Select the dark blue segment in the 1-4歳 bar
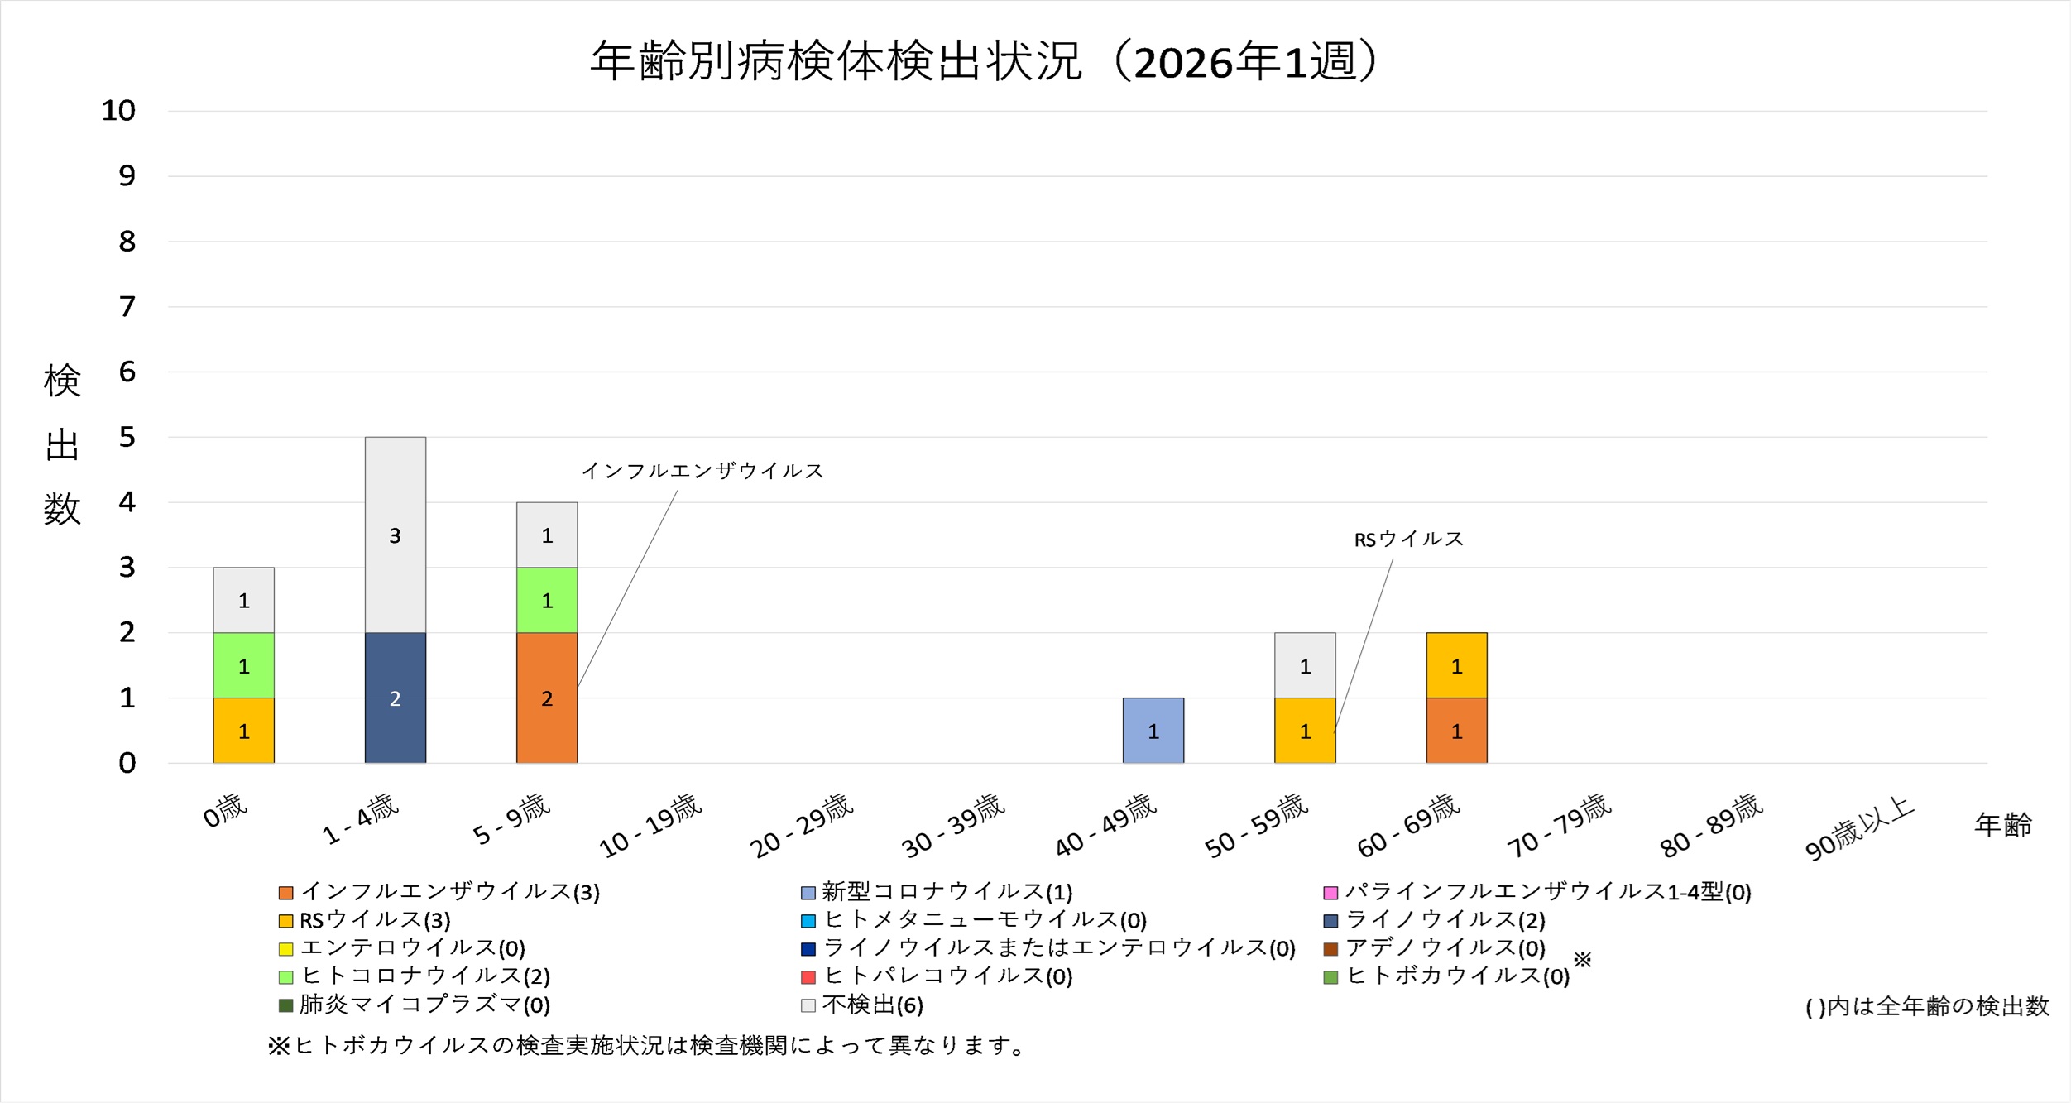point(396,698)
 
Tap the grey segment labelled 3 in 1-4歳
point(396,535)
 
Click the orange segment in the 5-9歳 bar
point(547,698)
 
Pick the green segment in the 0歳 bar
point(243,665)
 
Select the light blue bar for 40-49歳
point(1153,731)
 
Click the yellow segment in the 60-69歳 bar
point(1456,665)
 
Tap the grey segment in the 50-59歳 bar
point(1305,665)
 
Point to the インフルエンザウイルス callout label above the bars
point(702,471)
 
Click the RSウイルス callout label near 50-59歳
point(1408,540)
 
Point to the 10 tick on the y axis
point(118,111)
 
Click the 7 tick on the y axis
point(127,307)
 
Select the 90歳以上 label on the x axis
point(1860,827)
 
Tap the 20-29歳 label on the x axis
point(801,826)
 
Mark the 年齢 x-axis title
point(2003,825)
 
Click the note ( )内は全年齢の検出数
point(1927,1006)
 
